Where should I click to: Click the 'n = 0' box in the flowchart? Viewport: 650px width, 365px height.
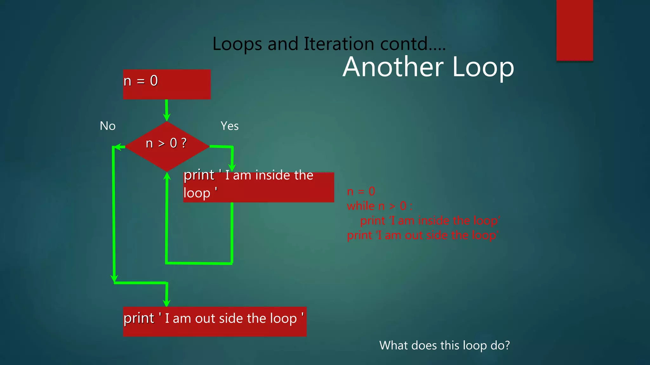[167, 84]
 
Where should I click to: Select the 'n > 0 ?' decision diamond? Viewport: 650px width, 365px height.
[167, 146]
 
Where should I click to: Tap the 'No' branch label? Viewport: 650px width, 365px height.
[108, 126]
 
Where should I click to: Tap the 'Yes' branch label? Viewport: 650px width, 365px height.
[229, 126]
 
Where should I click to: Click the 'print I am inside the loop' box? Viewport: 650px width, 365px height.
[259, 187]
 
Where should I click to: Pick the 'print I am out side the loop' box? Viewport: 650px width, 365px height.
[215, 321]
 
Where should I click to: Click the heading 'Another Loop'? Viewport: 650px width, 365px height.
[428, 67]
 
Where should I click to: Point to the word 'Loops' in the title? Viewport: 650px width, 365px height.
[237, 44]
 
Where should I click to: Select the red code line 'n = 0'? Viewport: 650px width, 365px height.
[361, 191]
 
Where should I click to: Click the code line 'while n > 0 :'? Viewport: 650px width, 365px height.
[380, 206]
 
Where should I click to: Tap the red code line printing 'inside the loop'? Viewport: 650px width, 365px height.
[430, 221]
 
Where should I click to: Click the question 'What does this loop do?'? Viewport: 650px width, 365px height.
[444, 345]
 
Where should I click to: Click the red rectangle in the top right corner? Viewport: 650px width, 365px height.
[574, 30]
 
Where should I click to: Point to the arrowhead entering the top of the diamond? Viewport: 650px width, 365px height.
[167, 117]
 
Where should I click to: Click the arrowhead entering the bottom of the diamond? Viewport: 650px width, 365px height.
[167, 176]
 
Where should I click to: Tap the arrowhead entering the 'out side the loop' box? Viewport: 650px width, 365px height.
[166, 303]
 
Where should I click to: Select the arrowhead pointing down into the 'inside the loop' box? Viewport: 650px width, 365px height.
[232, 168]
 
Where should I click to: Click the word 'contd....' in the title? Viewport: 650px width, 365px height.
[413, 44]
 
